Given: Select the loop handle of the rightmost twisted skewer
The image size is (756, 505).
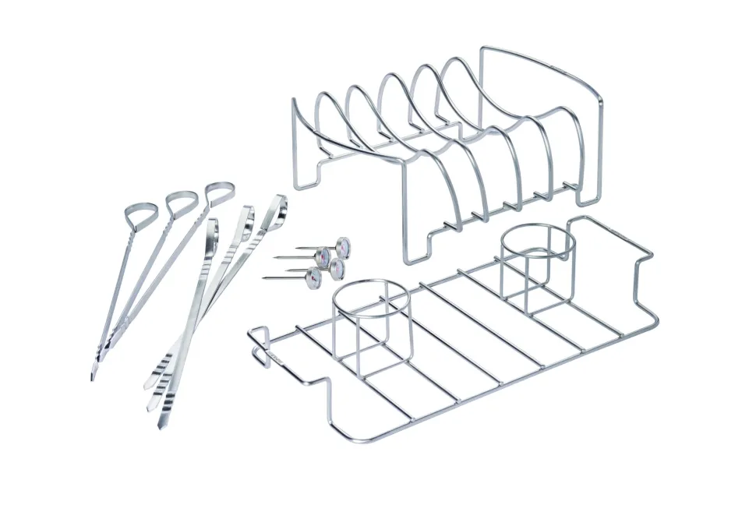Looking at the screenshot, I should (x=220, y=191).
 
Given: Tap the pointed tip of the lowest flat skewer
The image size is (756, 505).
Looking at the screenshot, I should (x=161, y=426).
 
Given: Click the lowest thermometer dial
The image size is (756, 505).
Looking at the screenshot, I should (x=315, y=277).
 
